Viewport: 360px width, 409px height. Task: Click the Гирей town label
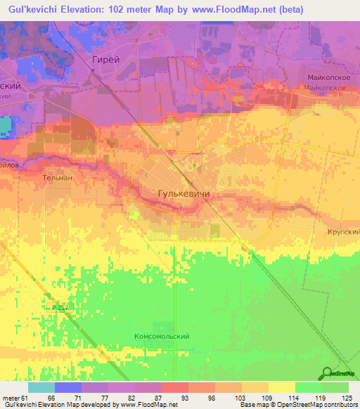click(106, 60)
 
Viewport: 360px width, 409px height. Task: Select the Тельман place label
click(58, 178)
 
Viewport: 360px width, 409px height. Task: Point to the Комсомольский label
click(162, 337)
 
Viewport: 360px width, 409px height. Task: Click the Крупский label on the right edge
click(345, 231)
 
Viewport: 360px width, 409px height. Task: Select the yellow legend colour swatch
click(281, 387)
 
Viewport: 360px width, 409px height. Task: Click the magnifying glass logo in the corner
click(327, 375)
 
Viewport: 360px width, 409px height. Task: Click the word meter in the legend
click(11, 398)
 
